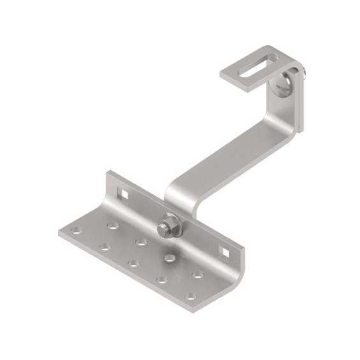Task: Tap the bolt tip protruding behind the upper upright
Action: pos(306,75)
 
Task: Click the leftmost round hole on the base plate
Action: pos(76,230)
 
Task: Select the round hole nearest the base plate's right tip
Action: pos(190,296)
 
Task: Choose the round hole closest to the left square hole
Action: pos(113,225)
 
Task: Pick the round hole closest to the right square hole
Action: pos(198,275)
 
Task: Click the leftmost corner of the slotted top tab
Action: pos(221,75)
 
